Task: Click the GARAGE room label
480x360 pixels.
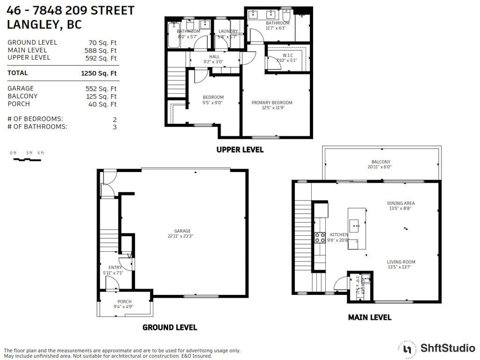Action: click(x=182, y=231)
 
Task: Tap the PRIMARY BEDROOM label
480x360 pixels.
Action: click(x=272, y=103)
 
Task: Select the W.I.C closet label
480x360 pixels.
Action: click(x=281, y=57)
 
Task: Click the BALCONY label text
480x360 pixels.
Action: click(x=381, y=162)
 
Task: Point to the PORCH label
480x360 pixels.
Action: click(x=125, y=301)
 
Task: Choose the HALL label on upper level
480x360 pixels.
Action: click(x=214, y=57)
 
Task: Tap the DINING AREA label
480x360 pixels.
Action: click(x=401, y=203)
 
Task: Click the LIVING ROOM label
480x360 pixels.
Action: click(x=401, y=262)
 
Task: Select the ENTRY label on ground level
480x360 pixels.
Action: click(x=115, y=267)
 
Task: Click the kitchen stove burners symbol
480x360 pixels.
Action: click(x=320, y=237)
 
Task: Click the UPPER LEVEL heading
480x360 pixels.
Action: click(x=240, y=150)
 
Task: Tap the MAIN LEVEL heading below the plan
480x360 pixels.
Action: click(x=369, y=317)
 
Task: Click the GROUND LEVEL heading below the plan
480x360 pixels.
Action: click(x=170, y=327)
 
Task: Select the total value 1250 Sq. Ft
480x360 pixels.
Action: click(x=99, y=73)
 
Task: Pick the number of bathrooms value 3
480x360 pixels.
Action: click(x=114, y=127)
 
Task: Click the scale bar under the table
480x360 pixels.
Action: click(x=27, y=159)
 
